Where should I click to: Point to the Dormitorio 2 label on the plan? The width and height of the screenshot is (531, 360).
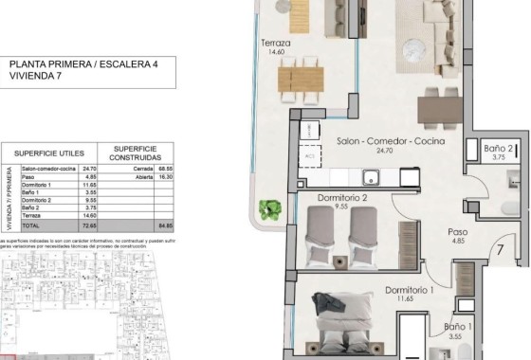[x=331, y=198]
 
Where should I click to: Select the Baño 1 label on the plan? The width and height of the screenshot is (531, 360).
[x=457, y=327]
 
